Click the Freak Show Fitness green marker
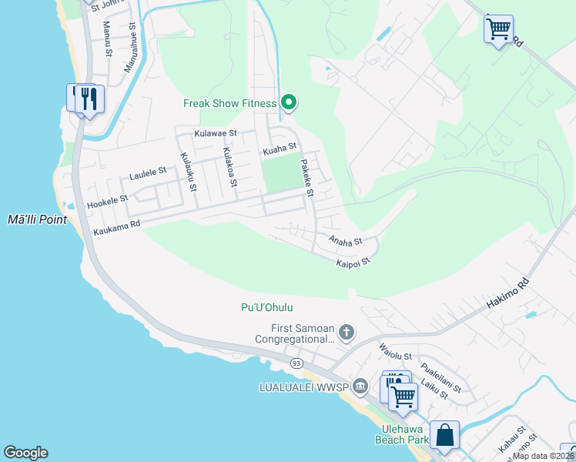tap(289, 102)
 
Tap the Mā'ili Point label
tap(36, 219)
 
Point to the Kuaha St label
tap(280, 149)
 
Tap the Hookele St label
tap(107, 199)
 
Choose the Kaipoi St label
tap(353, 262)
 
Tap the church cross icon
tap(347, 333)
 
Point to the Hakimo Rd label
tap(509, 293)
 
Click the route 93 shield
tap(296, 362)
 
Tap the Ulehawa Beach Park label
tap(401, 434)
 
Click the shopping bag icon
tap(445, 435)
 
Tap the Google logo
tap(25, 453)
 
